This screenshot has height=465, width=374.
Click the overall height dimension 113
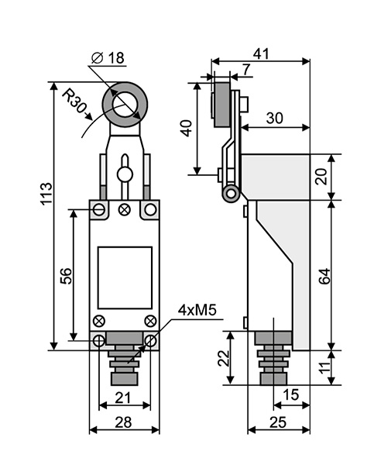46,193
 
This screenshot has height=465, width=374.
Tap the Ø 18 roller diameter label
108,58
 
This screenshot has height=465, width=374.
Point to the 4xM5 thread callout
197,310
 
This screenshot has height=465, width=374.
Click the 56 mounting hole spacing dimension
66,276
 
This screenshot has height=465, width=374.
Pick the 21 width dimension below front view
122,398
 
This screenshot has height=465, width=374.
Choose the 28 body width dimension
123,422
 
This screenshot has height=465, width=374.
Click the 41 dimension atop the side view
261,54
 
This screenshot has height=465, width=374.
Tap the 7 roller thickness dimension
246,70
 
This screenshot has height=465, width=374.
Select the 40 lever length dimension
187,128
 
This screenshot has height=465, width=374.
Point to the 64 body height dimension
324,276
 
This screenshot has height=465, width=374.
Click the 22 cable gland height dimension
224,358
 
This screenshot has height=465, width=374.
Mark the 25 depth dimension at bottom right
278,422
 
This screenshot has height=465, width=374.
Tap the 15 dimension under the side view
290,394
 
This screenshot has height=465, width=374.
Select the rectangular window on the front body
125,277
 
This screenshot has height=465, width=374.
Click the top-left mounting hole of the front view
99,210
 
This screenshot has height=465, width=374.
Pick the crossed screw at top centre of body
124,210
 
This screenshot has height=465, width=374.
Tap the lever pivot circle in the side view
231,194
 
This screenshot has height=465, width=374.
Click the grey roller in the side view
221,105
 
